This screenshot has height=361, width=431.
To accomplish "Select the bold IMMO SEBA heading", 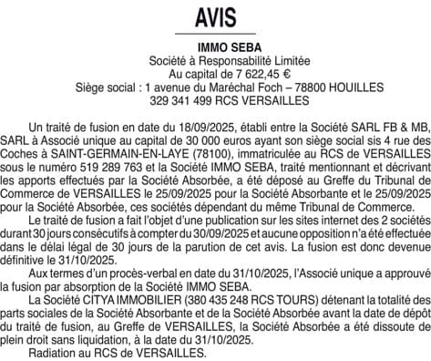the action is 214,47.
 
